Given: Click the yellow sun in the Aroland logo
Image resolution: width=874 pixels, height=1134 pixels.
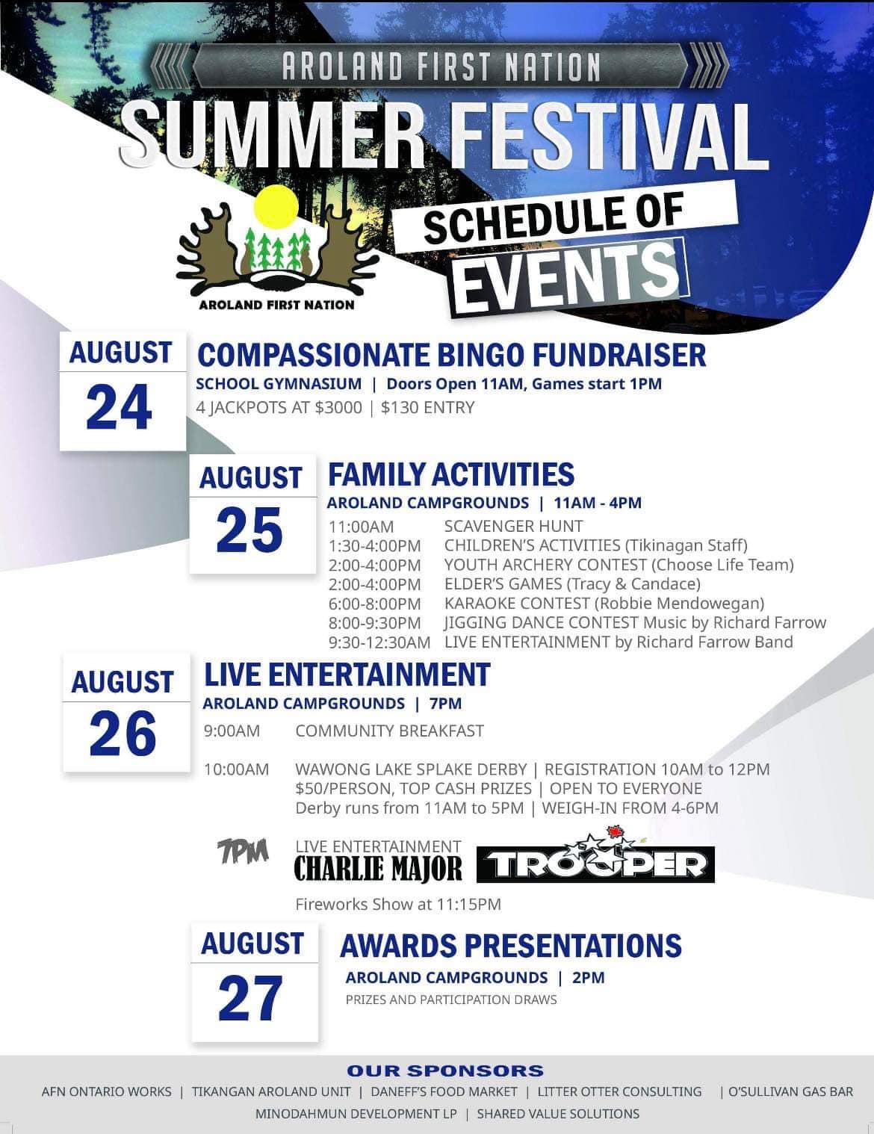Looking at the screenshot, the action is [x=276, y=207].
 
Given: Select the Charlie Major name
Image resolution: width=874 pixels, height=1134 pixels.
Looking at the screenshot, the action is [x=378, y=869].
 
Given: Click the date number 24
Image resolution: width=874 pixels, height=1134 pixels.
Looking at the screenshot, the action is [x=119, y=407].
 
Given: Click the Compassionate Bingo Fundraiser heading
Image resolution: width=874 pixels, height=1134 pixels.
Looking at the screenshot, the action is [x=451, y=356].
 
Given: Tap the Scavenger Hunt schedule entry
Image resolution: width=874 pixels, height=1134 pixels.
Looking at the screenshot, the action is [x=513, y=526].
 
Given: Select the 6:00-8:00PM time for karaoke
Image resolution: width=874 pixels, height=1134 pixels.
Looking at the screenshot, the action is [x=374, y=604].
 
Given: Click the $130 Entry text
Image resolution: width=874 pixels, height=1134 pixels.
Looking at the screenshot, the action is [x=428, y=408].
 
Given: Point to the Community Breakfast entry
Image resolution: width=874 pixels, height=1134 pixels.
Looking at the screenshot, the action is [x=389, y=731].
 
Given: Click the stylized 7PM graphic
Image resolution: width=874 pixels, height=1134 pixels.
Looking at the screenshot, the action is [x=244, y=851].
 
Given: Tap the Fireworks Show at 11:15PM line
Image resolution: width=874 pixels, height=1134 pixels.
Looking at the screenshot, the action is [x=398, y=905].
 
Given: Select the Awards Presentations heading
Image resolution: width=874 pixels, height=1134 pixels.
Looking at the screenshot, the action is [x=511, y=945].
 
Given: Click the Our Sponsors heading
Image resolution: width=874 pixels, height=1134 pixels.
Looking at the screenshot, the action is [x=445, y=1071].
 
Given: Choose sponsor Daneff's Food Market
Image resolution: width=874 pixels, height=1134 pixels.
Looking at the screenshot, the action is [x=444, y=1091].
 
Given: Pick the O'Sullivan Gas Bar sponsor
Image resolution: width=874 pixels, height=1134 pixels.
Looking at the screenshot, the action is [x=790, y=1091].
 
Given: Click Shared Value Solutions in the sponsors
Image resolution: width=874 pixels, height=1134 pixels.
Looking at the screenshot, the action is [x=558, y=1113].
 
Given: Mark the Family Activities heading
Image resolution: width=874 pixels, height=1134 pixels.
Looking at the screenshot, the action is [x=451, y=474].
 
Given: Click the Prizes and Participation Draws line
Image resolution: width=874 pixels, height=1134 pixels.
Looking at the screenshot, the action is [x=451, y=1000].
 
